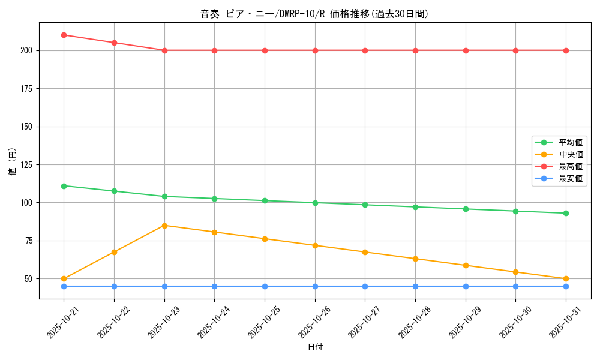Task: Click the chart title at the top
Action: [314, 14]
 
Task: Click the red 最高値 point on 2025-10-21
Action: [64, 35]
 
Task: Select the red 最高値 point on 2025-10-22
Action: [114, 43]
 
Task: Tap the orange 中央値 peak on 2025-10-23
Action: [164, 226]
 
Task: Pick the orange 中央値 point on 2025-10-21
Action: [64, 278]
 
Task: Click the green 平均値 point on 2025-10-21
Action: [64, 186]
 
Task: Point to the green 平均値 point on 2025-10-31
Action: [566, 213]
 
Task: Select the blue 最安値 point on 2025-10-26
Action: [315, 286]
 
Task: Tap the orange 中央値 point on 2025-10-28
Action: [415, 259]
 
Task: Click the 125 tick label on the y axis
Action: [26, 164]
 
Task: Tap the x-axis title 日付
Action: [315, 347]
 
